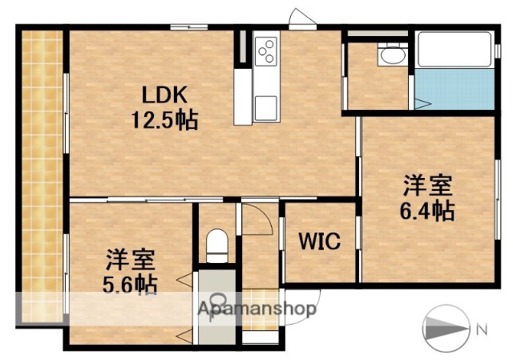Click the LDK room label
pos(165,95)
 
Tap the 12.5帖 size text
pos(165,120)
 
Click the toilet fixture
pos(217,245)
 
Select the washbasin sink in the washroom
pos(390,56)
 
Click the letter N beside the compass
pos(483,329)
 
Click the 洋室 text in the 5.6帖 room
pos(131,259)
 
